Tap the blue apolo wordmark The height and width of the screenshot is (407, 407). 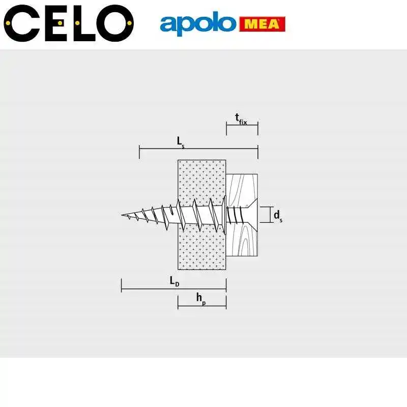click(x=198, y=23)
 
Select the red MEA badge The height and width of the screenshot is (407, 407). click(x=262, y=24)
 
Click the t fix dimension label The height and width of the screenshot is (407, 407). click(x=241, y=119)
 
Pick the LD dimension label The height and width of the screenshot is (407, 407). click(x=174, y=281)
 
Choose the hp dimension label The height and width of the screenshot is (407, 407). click(x=201, y=298)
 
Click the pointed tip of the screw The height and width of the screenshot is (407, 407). click(x=123, y=215)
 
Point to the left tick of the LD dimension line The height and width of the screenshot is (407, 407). click(x=122, y=285)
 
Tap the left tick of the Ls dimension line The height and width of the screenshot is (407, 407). click(x=139, y=152)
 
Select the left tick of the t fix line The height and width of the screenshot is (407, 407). click(x=226, y=128)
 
